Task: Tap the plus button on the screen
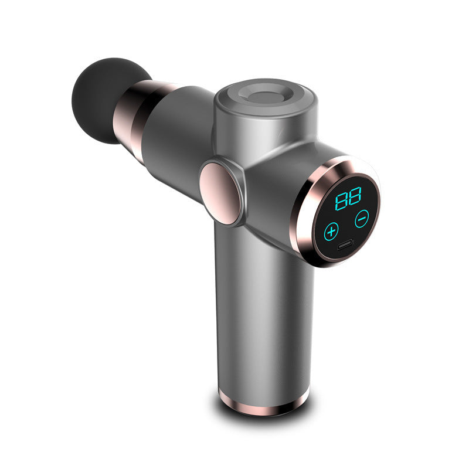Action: [332, 230]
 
